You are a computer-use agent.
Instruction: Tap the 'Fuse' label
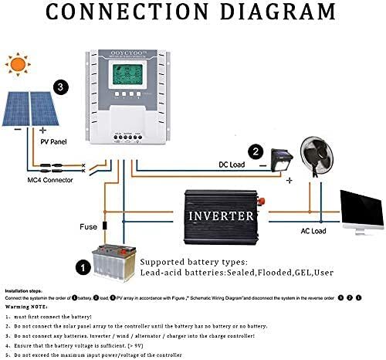(89, 227)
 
